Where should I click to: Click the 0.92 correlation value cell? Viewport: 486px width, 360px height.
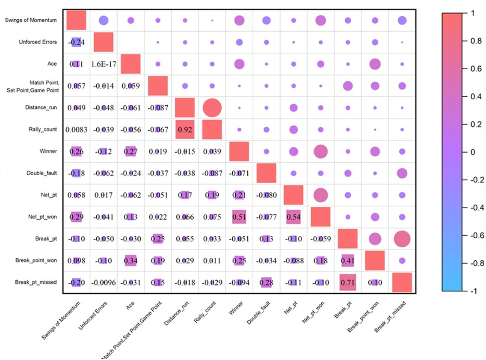point(185,129)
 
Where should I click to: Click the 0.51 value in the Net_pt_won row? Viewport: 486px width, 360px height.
point(239,217)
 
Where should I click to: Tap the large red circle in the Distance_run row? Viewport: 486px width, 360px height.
point(212,107)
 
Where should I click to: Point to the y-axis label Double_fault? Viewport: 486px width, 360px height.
point(42,173)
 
